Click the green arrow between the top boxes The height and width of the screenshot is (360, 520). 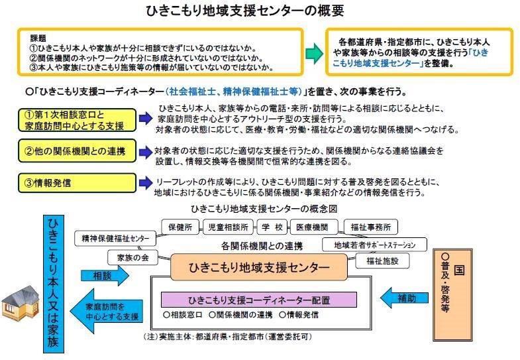[314, 53]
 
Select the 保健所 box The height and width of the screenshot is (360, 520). [180, 227]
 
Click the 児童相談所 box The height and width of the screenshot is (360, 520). [228, 227]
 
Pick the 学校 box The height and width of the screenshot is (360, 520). [272, 227]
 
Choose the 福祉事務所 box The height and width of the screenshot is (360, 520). [371, 227]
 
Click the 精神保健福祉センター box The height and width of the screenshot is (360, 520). [115, 238]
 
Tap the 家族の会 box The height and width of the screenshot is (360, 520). [132, 257]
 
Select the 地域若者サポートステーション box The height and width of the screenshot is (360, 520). [374, 245]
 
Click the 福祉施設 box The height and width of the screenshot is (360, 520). [382, 261]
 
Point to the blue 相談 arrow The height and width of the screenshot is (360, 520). [105, 275]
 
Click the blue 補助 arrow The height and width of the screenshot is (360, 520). [404, 298]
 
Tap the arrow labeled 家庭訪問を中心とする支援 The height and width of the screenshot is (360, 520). [107, 311]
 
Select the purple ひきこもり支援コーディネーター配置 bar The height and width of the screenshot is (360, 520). [259, 300]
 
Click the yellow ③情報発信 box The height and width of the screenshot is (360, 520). [77, 183]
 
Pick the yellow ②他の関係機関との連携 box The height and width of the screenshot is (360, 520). [77, 151]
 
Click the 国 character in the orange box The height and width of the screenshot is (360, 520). [459, 270]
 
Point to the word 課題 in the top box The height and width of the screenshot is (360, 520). [38, 38]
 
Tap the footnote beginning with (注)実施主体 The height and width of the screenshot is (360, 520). [228, 337]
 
